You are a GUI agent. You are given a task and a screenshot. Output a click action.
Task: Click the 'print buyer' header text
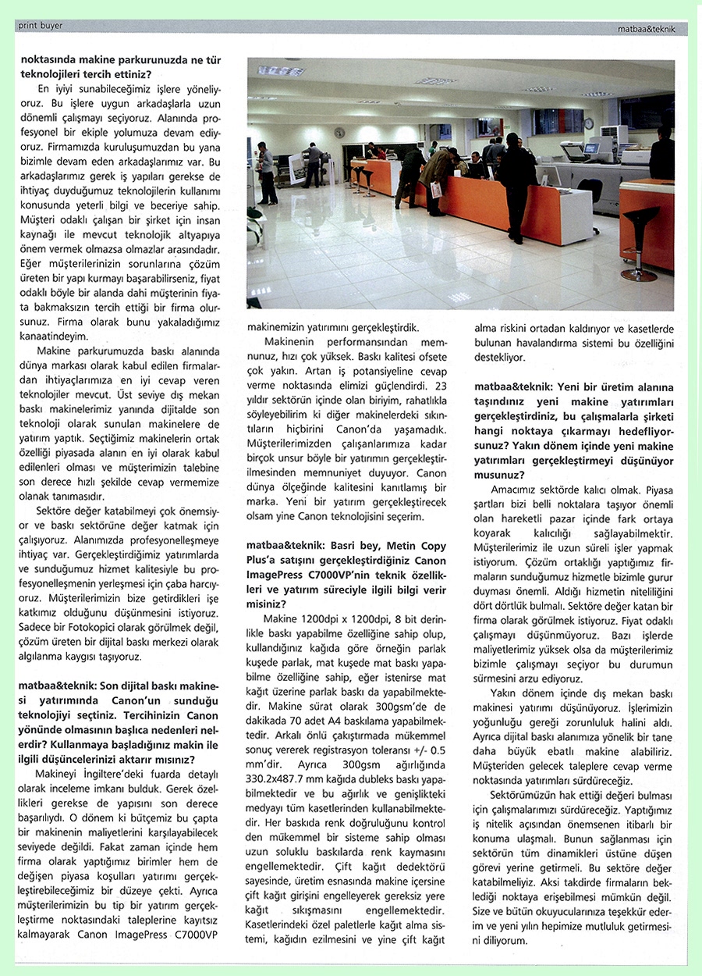[x=40, y=26]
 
